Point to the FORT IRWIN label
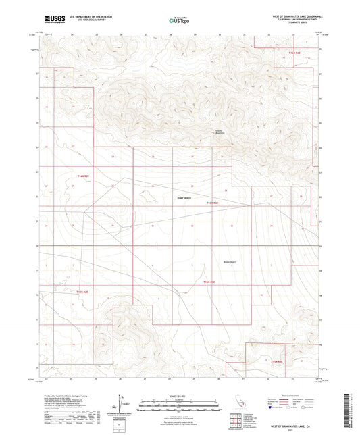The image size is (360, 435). [184, 198]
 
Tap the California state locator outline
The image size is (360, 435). [238, 403]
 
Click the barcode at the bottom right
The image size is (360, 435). [354, 409]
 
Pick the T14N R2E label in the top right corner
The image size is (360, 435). [293, 52]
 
